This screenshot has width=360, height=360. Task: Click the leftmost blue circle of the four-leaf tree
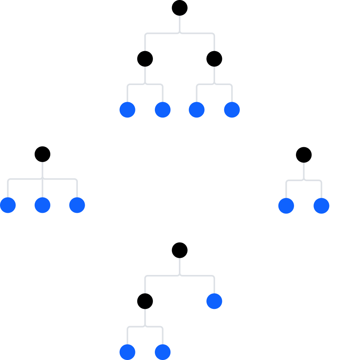[x=127, y=110]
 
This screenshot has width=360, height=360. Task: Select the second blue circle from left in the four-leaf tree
[x=163, y=110]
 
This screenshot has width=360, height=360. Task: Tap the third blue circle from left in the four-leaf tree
[x=197, y=110]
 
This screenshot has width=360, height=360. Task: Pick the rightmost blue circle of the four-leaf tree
[x=232, y=110]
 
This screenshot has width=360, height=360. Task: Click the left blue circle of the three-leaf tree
[x=8, y=205]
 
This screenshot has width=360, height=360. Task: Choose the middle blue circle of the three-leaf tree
[x=42, y=205]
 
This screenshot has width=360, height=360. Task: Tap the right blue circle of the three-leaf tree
[x=77, y=205]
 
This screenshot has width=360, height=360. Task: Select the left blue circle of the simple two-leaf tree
[x=286, y=206]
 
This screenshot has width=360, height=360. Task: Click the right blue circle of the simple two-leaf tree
[x=321, y=206]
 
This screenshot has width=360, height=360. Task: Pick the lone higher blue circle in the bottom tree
[x=214, y=301]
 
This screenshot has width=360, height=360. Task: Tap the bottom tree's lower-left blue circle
[x=127, y=352]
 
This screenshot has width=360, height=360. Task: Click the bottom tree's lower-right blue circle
[x=163, y=352]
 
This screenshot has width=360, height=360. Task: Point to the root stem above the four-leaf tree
[x=180, y=24]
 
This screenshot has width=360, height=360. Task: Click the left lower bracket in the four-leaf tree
[x=145, y=84]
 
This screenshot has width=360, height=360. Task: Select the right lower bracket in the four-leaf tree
[x=214, y=84]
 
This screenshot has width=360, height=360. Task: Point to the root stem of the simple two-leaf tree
[x=304, y=171]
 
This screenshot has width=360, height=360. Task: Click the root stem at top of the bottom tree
[x=180, y=266]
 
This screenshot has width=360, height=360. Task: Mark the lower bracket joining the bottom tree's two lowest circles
[x=145, y=327]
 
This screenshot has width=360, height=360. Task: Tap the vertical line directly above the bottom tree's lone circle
[x=214, y=284]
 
